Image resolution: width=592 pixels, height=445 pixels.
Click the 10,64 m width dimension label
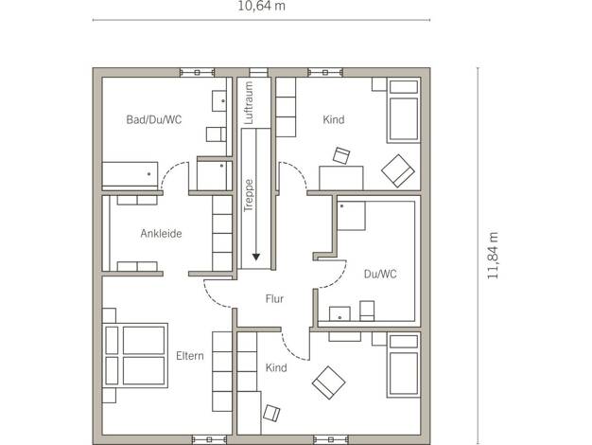point(261,6)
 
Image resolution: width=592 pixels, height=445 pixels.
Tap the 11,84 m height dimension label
point(493,256)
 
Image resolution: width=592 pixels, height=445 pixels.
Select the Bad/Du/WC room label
point(154,120)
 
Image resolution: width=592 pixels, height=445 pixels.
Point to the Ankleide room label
point(161,233)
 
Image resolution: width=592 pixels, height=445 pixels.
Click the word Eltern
point(190,356)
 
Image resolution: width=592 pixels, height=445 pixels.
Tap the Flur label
point(274,298)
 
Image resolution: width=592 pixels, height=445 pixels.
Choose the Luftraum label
point(249,103)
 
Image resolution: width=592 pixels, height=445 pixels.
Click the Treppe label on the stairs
point(249,195)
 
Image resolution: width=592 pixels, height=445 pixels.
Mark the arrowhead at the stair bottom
point(256,257)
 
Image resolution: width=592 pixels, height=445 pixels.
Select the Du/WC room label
point(380,274)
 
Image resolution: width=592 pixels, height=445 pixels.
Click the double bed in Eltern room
point(135,355)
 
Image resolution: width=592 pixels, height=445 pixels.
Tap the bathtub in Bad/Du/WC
point(130,176)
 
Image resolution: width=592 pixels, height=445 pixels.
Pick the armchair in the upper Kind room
point(398,170)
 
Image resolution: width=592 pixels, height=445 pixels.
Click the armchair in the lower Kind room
point(328,383)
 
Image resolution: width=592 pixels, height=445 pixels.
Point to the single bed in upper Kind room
point(404,111)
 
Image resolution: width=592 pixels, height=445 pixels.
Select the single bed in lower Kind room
point(404,365)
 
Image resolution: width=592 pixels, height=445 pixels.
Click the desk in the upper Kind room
point(341,178)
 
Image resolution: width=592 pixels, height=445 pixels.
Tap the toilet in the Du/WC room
point(367,311)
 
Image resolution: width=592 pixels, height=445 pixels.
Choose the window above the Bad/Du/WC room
point(197,72)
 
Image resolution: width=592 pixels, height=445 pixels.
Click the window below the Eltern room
point(209,439)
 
